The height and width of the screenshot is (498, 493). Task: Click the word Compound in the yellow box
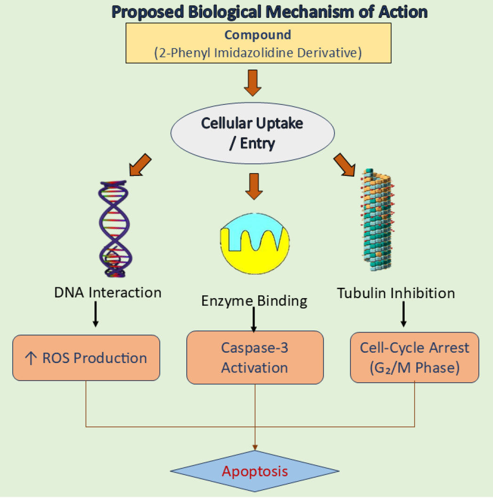click(x=257, y=35)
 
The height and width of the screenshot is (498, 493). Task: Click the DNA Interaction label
click(x=108, y=292)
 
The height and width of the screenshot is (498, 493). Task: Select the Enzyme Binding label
click(x=254, y=300)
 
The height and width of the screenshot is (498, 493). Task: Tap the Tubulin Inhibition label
click(x=396, y=293)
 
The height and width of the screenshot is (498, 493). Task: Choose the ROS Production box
click(x=86, y=358)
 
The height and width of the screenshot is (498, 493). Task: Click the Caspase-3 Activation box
click(x=254, y=358)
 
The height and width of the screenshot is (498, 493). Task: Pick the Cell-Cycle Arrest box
click(x=414, y=357)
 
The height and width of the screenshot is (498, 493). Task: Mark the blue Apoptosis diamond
click(x=254, y=471)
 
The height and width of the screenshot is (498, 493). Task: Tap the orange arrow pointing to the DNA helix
click(x=139, y=166)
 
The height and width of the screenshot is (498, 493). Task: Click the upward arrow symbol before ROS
click(x=30, y=358)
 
